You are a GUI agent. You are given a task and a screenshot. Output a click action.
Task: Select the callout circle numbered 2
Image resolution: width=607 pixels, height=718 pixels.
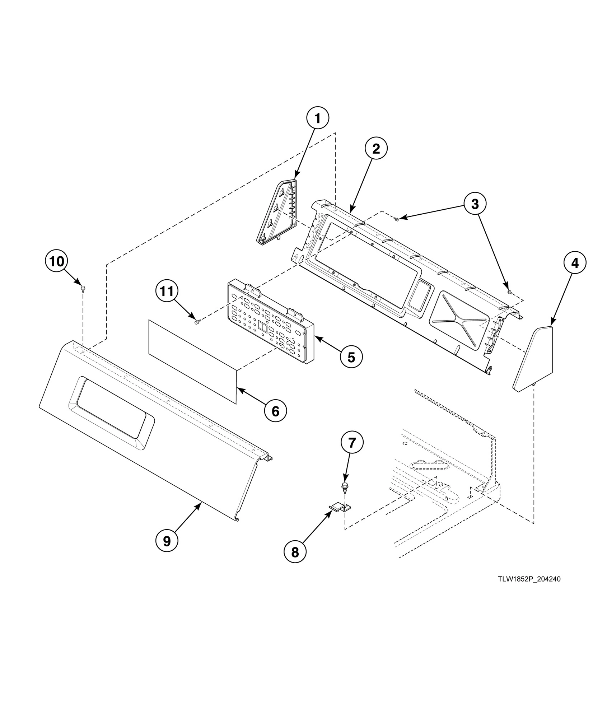coord(376,149)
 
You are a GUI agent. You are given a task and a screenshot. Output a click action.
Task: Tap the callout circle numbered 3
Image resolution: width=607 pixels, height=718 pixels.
coord(475,204)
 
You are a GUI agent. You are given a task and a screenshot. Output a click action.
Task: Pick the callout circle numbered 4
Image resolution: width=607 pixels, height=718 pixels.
coord(575,263)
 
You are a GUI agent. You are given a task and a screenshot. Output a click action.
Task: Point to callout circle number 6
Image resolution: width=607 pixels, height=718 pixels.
coord(275,411)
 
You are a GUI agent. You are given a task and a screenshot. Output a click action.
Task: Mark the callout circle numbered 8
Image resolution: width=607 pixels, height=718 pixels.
coord(295,553)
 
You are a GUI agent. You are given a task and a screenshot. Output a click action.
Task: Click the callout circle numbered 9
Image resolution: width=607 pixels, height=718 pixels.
coord(167,541)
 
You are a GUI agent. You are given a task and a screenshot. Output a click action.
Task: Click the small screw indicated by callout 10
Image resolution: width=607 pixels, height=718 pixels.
coord(83,288)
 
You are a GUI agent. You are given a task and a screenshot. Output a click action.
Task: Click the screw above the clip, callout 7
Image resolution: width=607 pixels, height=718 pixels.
coord(344,487)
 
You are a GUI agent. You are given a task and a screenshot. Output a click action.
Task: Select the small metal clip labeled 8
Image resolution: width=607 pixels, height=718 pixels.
coord(340,507)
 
